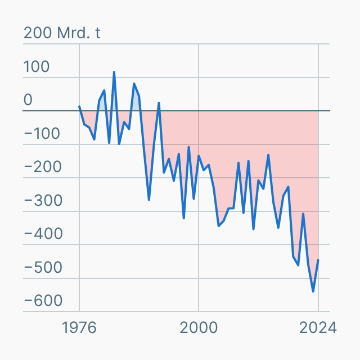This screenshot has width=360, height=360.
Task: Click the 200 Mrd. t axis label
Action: point(62,33)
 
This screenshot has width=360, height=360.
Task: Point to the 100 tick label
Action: point(37,67)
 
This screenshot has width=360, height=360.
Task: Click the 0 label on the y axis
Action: point(28,100)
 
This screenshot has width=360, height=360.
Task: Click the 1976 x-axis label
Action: point(79,327)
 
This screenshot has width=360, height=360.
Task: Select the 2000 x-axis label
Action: point(199,327)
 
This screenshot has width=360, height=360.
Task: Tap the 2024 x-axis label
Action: point(318,327)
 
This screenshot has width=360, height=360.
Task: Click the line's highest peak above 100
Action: point(114,72)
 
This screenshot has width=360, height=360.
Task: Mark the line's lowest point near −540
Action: point(313,291)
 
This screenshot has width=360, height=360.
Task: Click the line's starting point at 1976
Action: point(79,106)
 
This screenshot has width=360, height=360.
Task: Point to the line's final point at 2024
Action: point(318,260)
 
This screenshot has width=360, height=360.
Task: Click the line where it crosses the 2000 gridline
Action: point(199,156)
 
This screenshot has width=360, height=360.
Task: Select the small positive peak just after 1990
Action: point(159,103)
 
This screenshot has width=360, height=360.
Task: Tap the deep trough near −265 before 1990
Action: point(149,199)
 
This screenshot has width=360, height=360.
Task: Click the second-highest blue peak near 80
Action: point(134,84)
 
